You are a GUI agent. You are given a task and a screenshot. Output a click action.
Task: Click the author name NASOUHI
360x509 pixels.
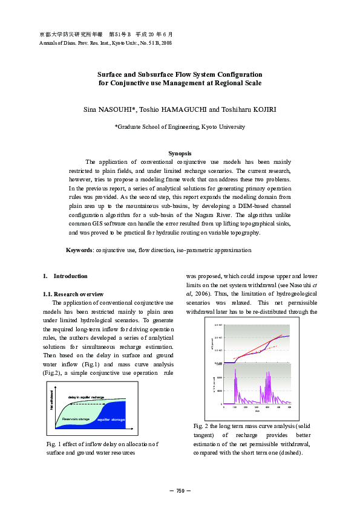click(x=119, y=109)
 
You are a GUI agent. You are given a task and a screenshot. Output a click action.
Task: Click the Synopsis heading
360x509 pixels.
click(x=180, y=154)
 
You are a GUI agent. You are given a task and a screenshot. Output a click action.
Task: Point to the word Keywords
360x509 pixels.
click(x=78, y=250)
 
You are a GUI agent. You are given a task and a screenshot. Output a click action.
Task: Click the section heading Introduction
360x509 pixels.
click(x=70, y=276)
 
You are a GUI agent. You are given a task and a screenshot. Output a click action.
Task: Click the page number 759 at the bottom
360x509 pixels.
click(x=180, y=490)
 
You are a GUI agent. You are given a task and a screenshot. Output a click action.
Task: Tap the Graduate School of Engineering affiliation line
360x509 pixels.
click(x=180, y=127)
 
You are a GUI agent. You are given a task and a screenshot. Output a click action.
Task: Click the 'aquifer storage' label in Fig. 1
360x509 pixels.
click(x=111, y=419)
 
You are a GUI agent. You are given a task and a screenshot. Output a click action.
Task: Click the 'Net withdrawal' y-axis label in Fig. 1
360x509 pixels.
click(x=53, y=401)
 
